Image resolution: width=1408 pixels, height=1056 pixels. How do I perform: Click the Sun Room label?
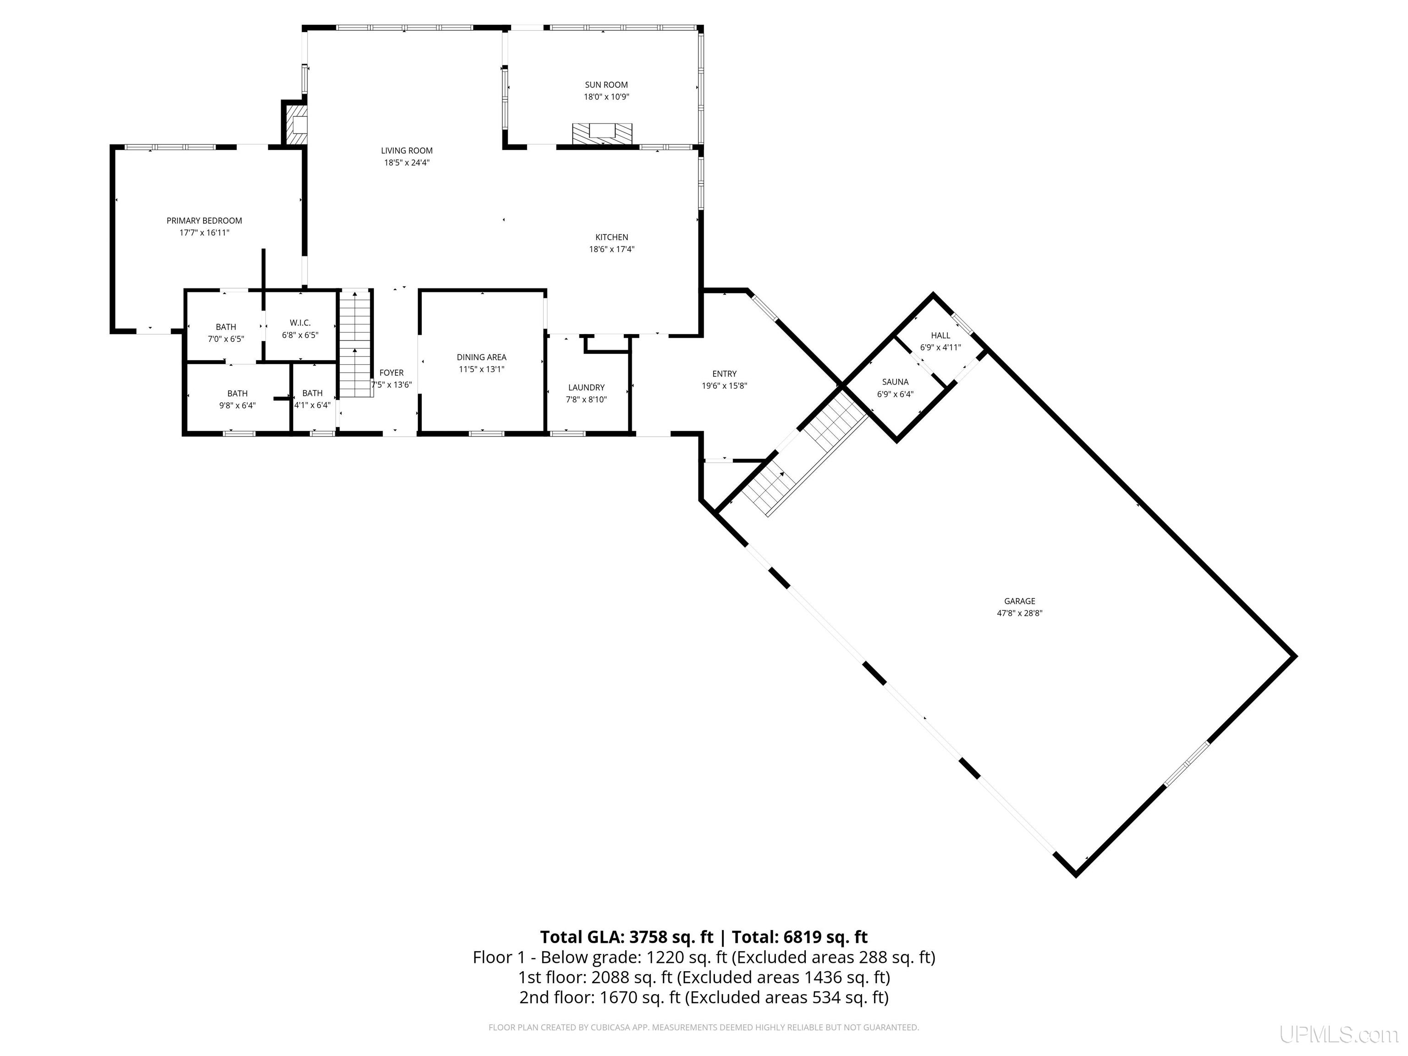[x=606, y=85]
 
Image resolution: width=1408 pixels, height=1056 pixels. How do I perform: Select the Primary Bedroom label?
[x=204, y=221]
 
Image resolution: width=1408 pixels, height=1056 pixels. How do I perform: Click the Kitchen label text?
[x=612, y=237]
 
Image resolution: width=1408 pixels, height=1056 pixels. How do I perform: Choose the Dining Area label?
[x=481, y=357]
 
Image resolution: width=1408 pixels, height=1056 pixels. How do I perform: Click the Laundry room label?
[x=586, y=388]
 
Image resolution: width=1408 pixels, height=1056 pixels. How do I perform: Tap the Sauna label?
[x=895, y=382]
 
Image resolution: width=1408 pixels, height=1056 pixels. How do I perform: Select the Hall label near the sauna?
[x=940, y=335]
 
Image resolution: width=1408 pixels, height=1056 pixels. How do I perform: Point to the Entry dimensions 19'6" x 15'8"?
[x=724, y=386]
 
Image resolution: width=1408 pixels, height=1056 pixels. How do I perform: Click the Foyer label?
[x=391, y=373]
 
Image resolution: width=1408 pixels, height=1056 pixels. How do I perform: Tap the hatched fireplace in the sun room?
[x=602, y=134]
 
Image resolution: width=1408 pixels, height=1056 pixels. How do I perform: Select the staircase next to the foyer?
[x=355, y=343]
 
